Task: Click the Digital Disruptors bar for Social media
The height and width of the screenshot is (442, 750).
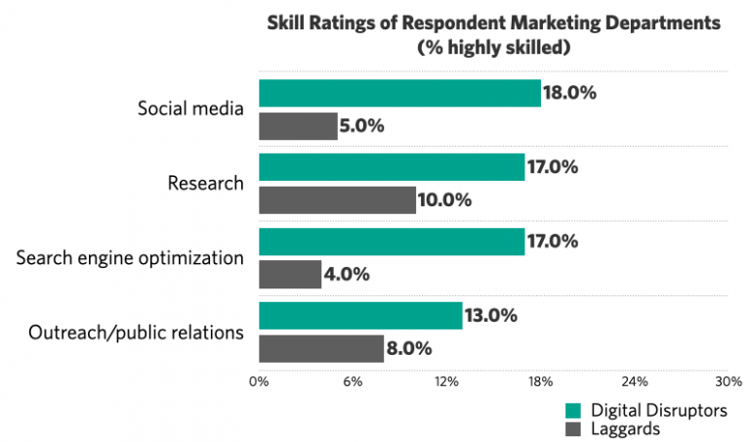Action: coord(399,93)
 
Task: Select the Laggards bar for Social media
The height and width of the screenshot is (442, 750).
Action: coord(298,126)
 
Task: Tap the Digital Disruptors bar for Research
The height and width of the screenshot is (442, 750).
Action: coord(392,167)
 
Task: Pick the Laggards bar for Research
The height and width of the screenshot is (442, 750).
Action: coord(337,200)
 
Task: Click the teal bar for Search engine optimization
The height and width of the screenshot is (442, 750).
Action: coord(392,242)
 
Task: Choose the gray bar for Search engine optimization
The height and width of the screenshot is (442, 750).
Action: coord(290,275)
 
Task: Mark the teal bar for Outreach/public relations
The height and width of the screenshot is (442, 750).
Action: coord(360,316)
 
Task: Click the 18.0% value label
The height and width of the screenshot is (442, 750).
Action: coord(570,93)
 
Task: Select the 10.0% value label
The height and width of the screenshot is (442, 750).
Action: coord(445,200)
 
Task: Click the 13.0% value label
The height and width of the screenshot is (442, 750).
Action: coord(492,316)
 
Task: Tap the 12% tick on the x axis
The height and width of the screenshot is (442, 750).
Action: coord(446,381)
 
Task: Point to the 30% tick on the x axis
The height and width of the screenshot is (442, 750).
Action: coord(729,381)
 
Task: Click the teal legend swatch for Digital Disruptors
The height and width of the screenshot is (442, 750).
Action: coord(572,411)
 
